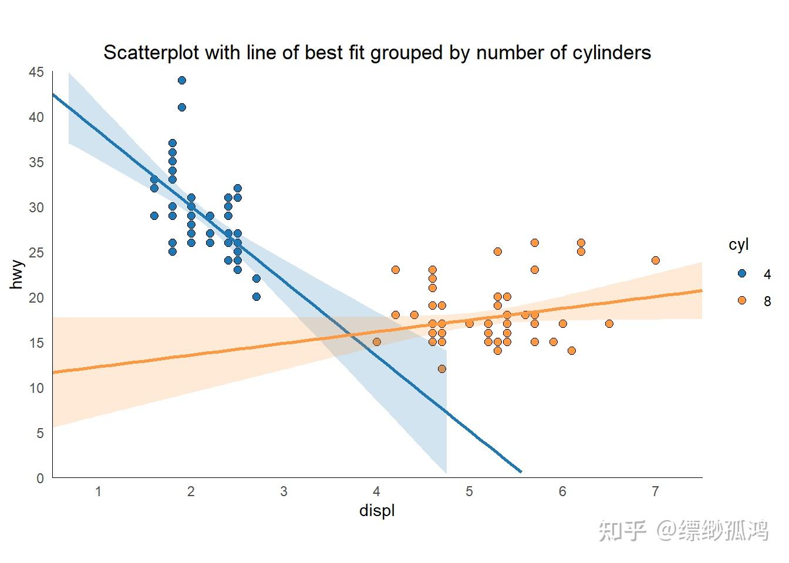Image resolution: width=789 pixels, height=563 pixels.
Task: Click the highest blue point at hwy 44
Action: coord(182,80)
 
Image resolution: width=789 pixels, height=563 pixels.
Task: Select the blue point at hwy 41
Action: coord(182,107)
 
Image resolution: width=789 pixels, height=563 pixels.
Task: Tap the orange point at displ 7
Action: coord(656,260)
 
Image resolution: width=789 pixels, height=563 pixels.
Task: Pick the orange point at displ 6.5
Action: coord(609,324)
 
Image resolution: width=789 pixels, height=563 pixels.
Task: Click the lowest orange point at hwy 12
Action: coord(442,369)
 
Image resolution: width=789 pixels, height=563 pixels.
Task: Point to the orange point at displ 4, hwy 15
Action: coord(377,342)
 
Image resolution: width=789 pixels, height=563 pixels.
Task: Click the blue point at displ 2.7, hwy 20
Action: coord(257,297)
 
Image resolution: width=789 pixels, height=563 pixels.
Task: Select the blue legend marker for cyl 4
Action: coord(741,273)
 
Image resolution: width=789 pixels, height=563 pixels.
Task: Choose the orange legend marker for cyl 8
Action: coord(741,300)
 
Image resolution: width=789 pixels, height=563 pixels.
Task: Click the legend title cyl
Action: coord(739,245)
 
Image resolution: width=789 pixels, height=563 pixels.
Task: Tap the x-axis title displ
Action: coord(377,511)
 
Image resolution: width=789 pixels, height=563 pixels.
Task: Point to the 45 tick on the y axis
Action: coord(36,72)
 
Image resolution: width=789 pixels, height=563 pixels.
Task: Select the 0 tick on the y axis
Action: coord(40,478)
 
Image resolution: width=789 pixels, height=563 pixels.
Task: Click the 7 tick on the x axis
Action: coord(656,491)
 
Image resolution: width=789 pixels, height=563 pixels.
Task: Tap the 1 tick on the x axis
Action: coord(98,491)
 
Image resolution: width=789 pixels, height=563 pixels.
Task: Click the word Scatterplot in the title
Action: coord(151,53)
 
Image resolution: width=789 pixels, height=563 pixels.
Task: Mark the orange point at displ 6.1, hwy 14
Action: coord(572,351)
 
